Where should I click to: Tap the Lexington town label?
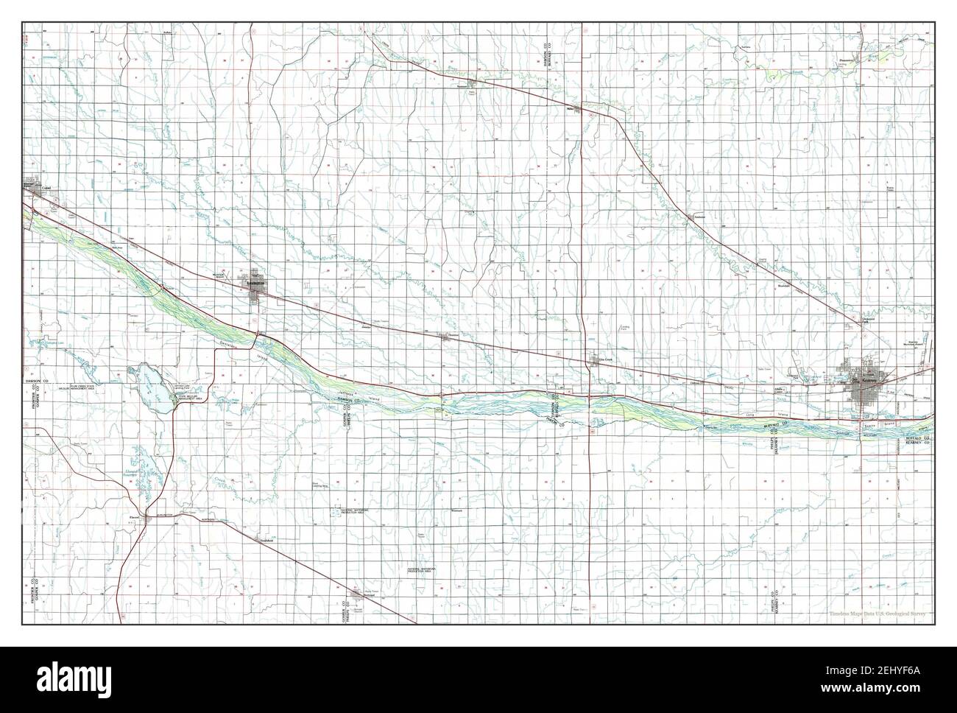[x=255, y=281]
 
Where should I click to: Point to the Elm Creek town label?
[x=604, y=359]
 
